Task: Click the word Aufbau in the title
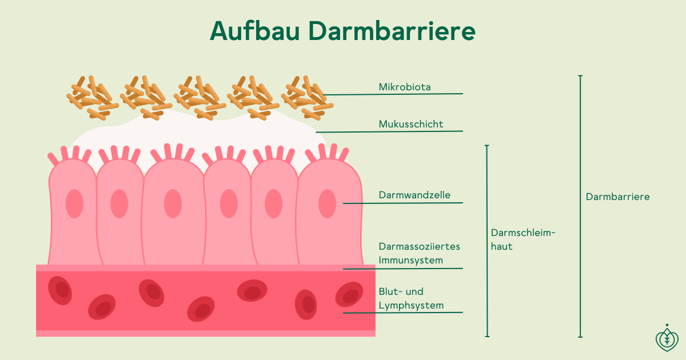tap(255, 31)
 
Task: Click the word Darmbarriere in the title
tap(392, 31)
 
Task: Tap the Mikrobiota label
tap(405, 87)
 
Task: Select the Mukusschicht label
tap(410, 124)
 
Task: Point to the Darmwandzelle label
tap(414, 195)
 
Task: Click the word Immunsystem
tap(410, 260)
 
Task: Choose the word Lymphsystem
tap(411, 305)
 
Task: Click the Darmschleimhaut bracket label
tap(523, 239)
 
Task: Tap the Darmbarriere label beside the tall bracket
tap(617, 197)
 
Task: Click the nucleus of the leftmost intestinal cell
tap(74, 203)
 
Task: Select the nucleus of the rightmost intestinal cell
tap(327, 203)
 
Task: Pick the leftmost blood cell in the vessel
tap(60, 290)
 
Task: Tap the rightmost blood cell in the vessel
tap(349, 294)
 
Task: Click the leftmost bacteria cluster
tap(93, 98)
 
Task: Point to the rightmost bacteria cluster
tap(307, 98)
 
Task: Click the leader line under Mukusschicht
tap(389, 131)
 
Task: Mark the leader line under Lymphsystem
tap(402, 313)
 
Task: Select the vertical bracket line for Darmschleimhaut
tap(487, 241)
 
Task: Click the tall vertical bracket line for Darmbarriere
tap(580, 206)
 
